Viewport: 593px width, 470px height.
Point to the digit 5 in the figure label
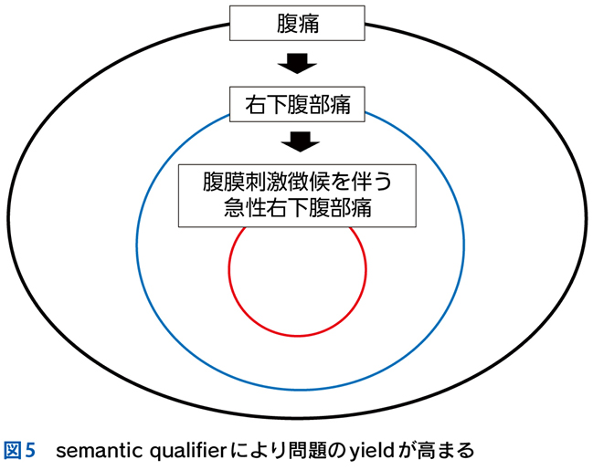[x=30, y=450]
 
